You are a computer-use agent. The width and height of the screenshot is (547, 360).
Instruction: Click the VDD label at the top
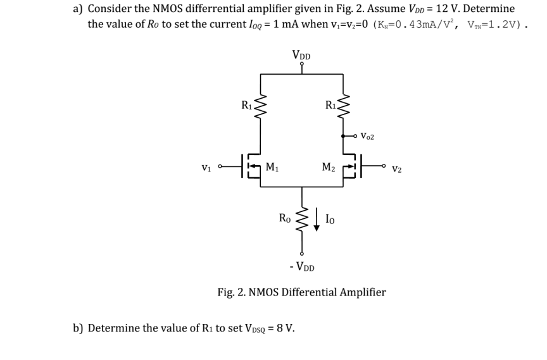click(x=301, y=54)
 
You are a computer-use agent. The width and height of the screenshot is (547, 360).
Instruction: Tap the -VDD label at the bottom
click(x=301, y=266)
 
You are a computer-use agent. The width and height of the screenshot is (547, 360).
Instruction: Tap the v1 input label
click(x=206, y=168)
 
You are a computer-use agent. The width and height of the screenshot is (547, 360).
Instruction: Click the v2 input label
click(x=397, y=169)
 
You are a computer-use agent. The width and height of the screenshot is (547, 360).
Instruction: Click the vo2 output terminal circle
click(x=355, y=135)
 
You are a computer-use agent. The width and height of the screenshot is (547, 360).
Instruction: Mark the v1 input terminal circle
click(x=219, y=168)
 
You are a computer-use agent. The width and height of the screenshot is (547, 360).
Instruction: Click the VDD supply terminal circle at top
click(x=302, y=64)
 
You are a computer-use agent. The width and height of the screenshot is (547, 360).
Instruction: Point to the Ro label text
click(x=286, y=218)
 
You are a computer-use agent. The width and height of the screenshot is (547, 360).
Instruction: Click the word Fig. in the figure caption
click(x=227, y=292)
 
